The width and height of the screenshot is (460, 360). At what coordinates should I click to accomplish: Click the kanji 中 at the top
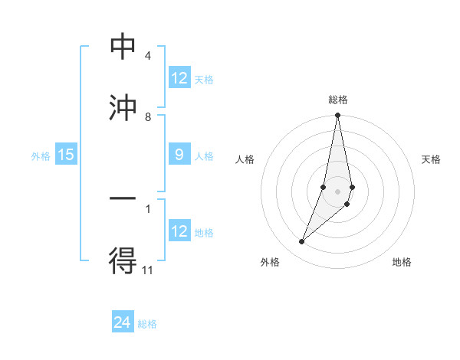click(x=123, y=47)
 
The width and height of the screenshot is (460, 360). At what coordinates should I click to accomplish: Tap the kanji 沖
click(x=123, y=108)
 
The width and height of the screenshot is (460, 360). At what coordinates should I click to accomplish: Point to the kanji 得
click(x=123, y=260)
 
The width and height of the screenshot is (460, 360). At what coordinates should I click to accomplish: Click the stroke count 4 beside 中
click(x=147, y=57)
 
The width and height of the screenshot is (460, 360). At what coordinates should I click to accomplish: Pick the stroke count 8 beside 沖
click(x=147, y=117)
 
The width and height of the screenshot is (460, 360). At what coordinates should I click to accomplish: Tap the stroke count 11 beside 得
click(x=148, y=270)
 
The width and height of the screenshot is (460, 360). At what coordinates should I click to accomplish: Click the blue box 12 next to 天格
click(x=179, y=78)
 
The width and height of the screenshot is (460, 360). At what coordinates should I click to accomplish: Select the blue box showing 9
click(x=179, y=155)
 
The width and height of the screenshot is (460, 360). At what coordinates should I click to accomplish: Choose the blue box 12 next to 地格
click(x=179, y=231)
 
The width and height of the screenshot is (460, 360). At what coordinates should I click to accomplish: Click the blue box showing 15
click(x=66, y=155)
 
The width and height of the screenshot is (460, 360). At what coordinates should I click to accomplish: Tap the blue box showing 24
click(x=123, y=322)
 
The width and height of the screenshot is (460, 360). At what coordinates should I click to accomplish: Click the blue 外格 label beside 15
click(x=41, y=155)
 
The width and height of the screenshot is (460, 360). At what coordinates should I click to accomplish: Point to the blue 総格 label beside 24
click(x=147, y=323)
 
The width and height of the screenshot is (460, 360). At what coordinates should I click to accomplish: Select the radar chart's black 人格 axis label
click(x=245, y=159)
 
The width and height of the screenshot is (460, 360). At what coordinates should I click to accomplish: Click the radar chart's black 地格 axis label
click(x=402, y=262)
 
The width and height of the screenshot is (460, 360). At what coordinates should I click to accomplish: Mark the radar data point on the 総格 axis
click(x=337, y=116)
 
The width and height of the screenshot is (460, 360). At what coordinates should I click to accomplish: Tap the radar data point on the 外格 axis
click(x=302, y=242)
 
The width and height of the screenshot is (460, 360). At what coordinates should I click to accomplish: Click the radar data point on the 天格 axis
click(x=352, y=187)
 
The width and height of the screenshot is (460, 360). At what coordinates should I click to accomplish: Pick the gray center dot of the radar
click(x=337, y=191)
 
